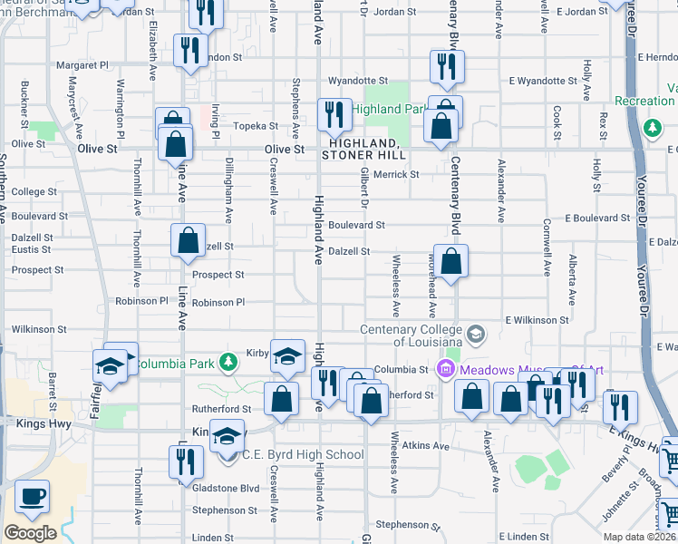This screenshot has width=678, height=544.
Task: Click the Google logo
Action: click(31, 533)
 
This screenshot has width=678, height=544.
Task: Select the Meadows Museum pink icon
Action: click(444, 369)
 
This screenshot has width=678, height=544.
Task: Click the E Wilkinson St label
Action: click(538, 320)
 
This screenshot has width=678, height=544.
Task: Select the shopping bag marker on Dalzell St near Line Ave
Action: click(188, 242)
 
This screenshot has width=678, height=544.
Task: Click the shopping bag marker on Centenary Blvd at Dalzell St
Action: click(450, 263)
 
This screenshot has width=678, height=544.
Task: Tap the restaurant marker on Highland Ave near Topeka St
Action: click(334, 116)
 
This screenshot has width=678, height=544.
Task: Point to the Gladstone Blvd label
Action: click(226, 487)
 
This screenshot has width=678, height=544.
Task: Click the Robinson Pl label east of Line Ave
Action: click(218, 303)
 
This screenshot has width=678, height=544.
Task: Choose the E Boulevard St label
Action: click(596, 219)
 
